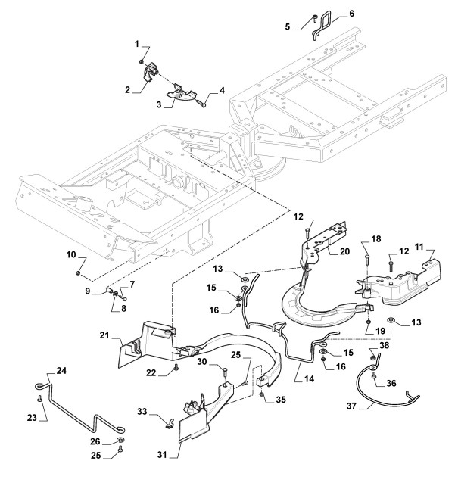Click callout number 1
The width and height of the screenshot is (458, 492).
(136, 44)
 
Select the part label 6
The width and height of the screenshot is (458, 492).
(351, 14)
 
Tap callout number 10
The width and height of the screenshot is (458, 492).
(71, 254)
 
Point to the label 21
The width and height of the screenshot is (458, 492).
(104, 335)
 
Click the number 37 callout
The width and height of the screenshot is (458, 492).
(351, 406)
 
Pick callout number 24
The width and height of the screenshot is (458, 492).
(61, 371)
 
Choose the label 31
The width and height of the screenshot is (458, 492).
(162, 454)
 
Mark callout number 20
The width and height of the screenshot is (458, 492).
(344, 251)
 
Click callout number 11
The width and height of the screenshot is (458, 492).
(419, 247)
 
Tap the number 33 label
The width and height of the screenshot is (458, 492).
(142, 411)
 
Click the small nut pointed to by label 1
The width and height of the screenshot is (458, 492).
(142, 62)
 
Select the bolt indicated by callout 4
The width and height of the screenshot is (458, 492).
(201, 103)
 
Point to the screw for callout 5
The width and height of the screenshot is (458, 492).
(314, 19)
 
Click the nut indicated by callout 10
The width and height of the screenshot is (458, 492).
(78, 273)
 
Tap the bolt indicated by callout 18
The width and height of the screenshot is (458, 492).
(366, 260)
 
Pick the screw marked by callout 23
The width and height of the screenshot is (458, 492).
(40, 398)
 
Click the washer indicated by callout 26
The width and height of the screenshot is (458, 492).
(120, 439)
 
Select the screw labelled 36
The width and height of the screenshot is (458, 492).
(373, 375)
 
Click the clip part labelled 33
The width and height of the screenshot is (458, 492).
(169, 424)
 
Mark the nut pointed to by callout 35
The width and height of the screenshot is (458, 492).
(261, 394)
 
